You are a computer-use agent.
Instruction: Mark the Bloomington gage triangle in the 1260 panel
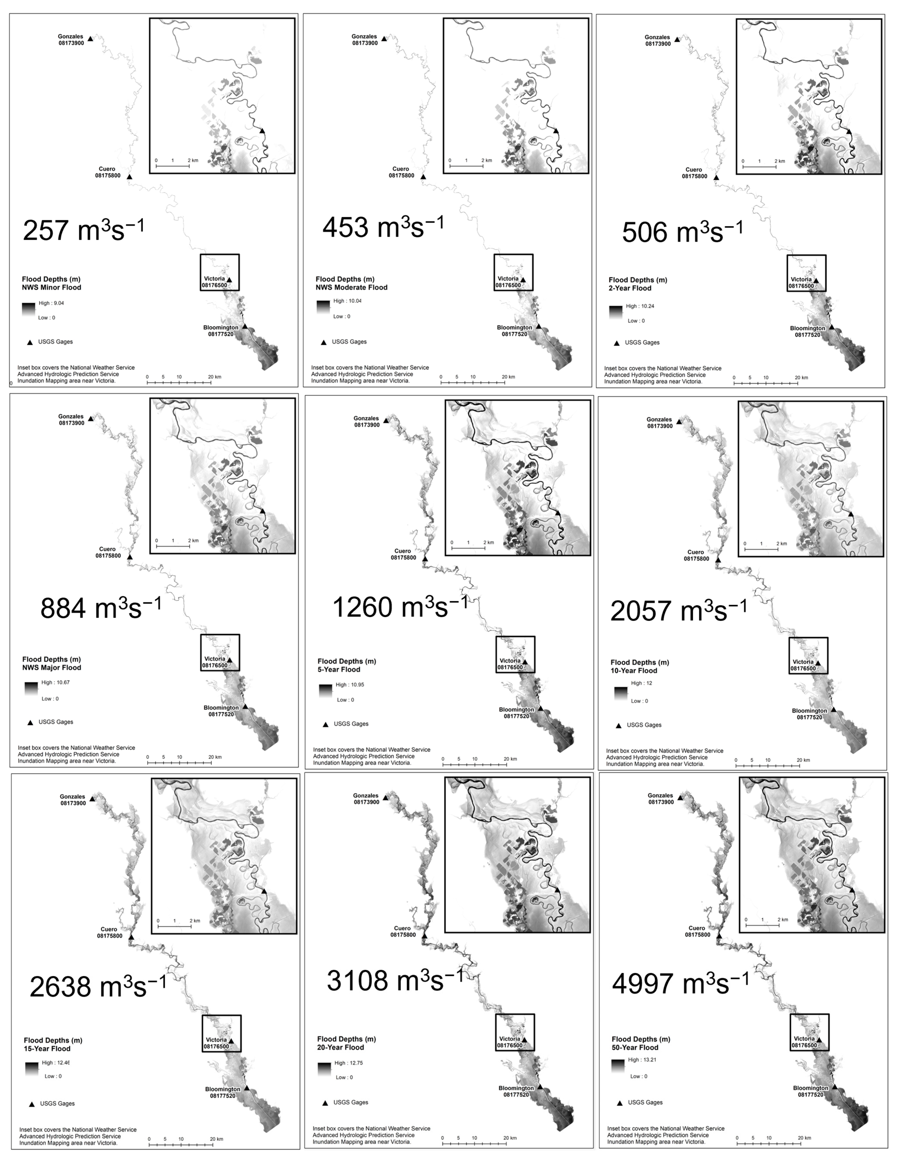pos(540,709)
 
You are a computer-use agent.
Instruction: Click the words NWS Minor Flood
pos(52,288)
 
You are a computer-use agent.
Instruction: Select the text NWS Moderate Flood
pos(352,288)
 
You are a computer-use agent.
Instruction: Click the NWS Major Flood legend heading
pos(52,668)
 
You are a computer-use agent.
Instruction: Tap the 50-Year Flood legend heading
pos(635,1048)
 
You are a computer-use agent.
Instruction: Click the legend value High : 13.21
pos(642,1060)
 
